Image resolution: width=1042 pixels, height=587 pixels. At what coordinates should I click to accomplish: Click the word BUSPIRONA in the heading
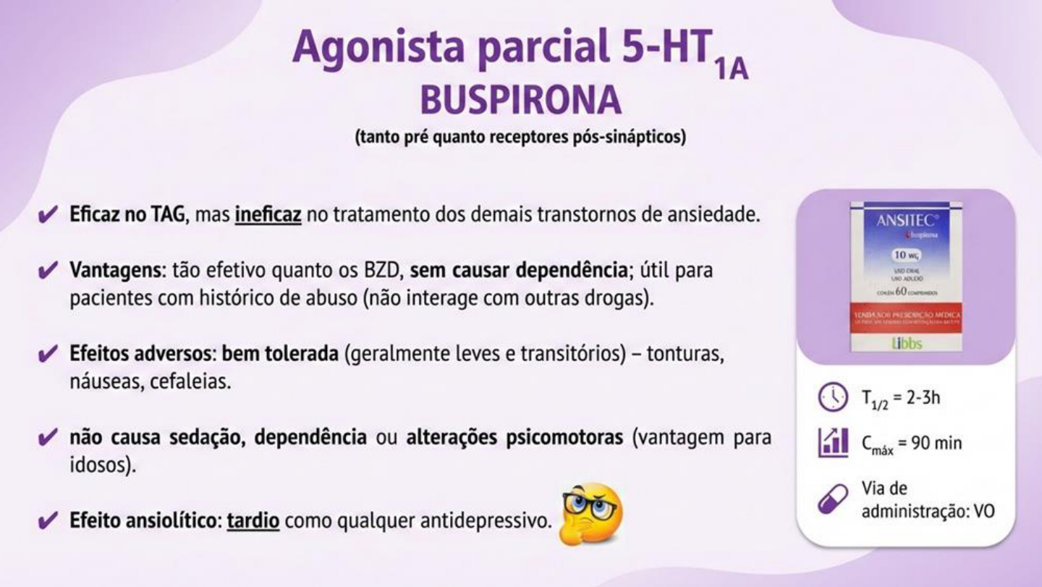(x=520, y=101)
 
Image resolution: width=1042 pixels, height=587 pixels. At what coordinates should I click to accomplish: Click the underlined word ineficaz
(x=268, y=216)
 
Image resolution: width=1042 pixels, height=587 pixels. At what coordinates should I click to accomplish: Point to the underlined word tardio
(x=253, y=521)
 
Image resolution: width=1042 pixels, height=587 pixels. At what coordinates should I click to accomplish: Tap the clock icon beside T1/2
(x=833, y=397)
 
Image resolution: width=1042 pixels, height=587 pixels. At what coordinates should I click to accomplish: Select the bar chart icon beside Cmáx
(x=833, y=442)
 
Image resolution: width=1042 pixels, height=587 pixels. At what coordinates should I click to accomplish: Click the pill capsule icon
(x=832, y=499)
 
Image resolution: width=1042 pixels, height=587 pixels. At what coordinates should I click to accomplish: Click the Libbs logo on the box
(x=906, y=343)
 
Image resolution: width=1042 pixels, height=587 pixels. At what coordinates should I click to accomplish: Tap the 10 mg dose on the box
(x=906, y=256)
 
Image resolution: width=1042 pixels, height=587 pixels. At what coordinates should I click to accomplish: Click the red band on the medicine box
(x=906, y=317)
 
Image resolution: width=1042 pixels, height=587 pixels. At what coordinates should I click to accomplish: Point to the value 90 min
(x=936, y=442)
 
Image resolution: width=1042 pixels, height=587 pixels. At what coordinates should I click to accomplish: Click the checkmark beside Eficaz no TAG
(x=48, y=216)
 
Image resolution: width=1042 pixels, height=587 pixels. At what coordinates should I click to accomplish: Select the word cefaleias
(x=190, y=382)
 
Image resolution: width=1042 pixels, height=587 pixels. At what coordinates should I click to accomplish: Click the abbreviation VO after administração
(x=984, y=510)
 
